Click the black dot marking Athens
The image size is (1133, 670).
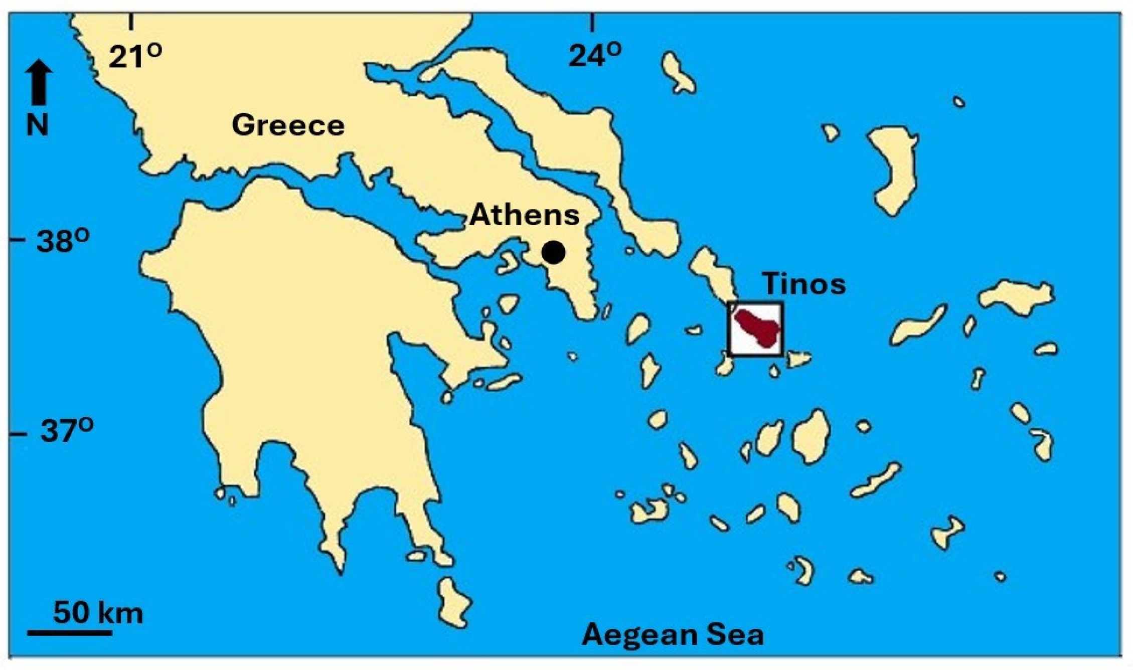pos(554,252)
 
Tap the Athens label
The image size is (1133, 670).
pos(524,215)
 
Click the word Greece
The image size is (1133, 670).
pos(288,125)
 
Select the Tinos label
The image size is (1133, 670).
pos(804,284)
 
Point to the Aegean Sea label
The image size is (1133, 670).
pos(673,635)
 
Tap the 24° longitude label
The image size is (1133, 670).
pos(594,55)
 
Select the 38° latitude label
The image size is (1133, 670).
pos(63,242)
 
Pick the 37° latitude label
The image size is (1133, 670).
pos(67,431)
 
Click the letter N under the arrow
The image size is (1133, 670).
pos(38,125)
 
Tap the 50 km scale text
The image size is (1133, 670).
pos(98,612)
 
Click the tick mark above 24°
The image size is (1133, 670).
pos(593,22)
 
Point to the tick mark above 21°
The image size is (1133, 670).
pos(131,22)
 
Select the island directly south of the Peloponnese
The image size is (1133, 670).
pos(454,602)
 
